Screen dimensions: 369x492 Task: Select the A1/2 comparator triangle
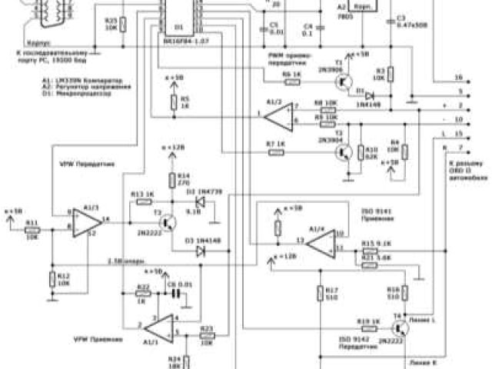274,116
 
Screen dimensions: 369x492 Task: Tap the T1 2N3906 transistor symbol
347,78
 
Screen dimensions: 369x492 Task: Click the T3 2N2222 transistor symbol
171,220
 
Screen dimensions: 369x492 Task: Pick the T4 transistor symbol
400,326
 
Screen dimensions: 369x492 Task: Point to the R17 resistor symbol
318,294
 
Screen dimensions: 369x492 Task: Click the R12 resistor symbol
52,278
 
